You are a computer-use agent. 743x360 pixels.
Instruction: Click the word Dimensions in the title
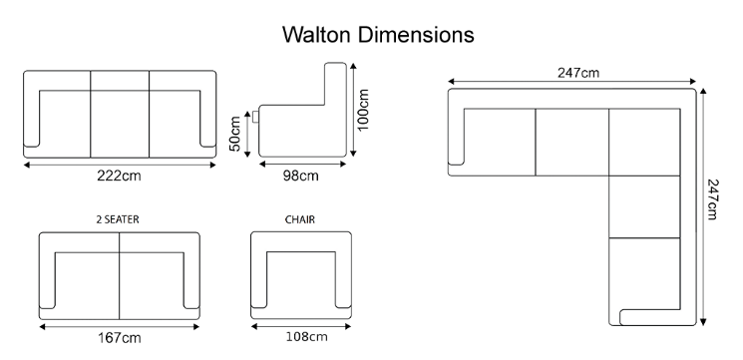tap(416, 35)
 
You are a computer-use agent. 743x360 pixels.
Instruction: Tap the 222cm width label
tap(119, 176)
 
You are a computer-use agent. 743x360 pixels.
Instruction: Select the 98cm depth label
tap(301, 176)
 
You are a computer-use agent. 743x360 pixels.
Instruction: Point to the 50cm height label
tap(235, 134)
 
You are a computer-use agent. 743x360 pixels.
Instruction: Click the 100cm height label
tap(362, 110)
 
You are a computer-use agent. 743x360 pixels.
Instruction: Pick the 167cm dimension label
tap(120, 338)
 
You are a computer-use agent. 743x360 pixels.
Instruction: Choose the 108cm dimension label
tap(306, 337)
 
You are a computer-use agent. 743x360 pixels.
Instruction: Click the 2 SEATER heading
tap(118, 219)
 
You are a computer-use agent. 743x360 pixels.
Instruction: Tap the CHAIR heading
tap(300, 219)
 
